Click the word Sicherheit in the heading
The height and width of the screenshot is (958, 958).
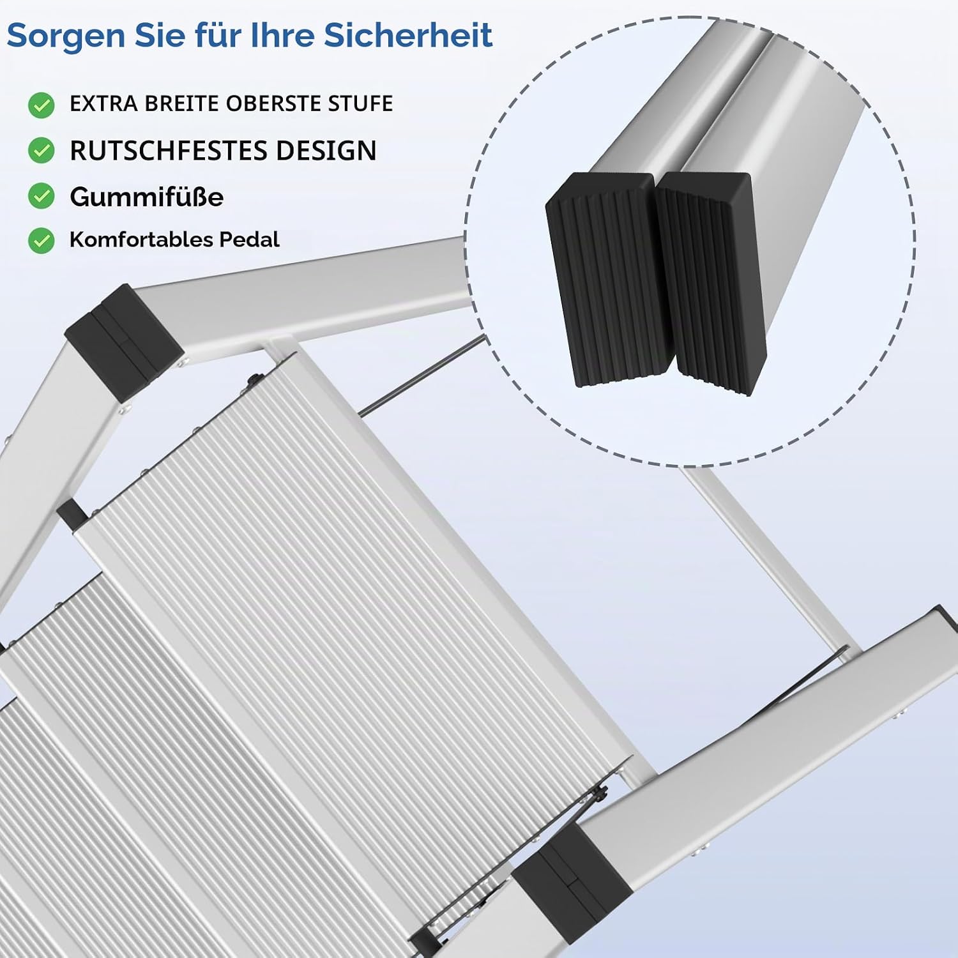pyautogui.click(x=408, y=35)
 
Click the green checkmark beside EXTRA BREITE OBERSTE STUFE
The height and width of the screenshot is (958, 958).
pyautogui.click(x=42, y=105)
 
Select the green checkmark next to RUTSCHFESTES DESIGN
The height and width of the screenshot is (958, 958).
pyautogui.click(x=42, y=151)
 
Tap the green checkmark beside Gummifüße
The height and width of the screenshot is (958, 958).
pyautogui.click(x=42, y=196)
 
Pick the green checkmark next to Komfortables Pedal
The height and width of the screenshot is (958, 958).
pyautogui.click(x=42, y=241)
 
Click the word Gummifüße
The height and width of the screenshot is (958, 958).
pyautogui.click(x=146, y=197)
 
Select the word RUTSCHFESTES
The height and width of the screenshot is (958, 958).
pyautogui.click(x=169, y=151)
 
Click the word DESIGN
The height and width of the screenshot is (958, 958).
pyautogui.click(x=326, y=151)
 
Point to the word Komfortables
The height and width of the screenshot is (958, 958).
pyautogui.click(x=141, y=240)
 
